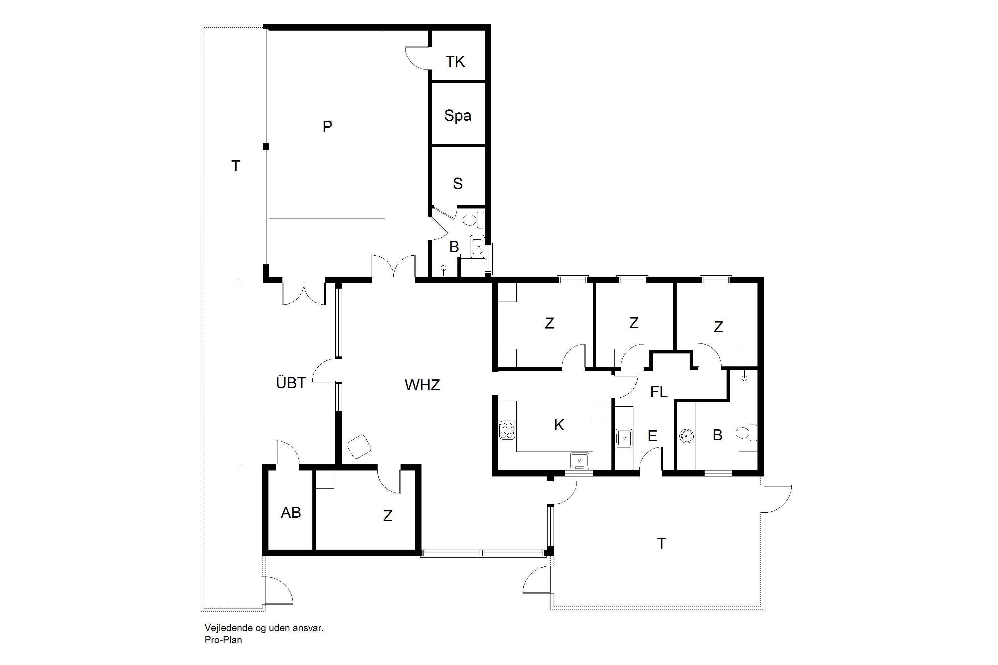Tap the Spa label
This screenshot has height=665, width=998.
(457, 115)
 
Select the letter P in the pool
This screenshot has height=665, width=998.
(327, 126)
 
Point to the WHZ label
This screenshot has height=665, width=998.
(422, 385)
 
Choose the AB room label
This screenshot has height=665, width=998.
(291, 513)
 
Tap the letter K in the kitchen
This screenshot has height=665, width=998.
(559, 425)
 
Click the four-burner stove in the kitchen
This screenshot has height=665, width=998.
(507, 430)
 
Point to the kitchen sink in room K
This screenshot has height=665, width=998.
(579, 460)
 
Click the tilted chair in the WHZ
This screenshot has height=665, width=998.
(359, 446)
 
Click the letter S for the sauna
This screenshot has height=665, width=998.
(457, 184)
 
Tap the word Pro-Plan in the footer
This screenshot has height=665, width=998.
(223, 640)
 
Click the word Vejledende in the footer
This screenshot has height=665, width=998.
(226, 628)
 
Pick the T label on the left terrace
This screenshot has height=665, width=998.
(236, 166)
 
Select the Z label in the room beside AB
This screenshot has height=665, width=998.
(388, 516)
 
